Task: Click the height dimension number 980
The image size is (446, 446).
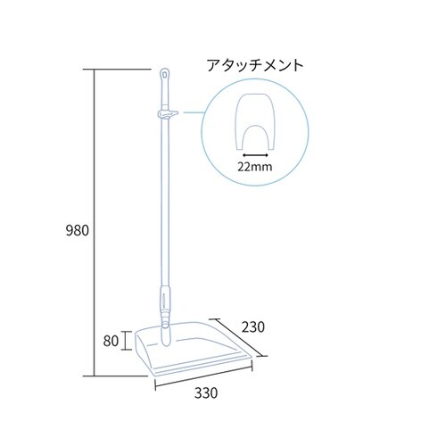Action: (x=78, y=230)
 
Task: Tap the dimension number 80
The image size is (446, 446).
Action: (x=110, y=340)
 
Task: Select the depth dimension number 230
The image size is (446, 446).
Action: (x=254, y=327)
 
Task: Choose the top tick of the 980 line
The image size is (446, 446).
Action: (x=95, y=69)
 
